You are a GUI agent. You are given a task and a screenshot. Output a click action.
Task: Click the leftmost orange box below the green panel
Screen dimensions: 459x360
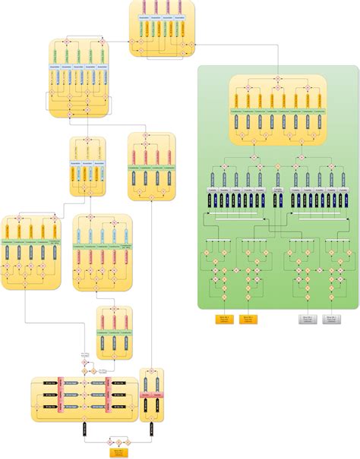(224, 319)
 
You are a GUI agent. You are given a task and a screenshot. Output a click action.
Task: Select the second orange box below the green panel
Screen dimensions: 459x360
(248, 319)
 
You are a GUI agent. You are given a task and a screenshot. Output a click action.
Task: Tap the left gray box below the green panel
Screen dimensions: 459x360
(308, 319)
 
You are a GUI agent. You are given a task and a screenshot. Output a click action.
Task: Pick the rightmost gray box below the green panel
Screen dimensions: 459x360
(331, 319)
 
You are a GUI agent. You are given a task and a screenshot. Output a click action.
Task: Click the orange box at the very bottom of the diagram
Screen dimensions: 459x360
(118, 453)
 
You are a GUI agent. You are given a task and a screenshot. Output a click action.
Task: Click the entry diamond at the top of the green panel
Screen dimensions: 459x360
(277, 79)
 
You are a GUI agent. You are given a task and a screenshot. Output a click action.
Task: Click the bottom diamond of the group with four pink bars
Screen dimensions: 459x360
(152, 196)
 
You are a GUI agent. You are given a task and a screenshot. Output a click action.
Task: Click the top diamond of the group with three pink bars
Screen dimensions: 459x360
(114, 310)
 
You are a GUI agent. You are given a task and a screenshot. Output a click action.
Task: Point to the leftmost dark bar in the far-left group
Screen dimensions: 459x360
(9, 253)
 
